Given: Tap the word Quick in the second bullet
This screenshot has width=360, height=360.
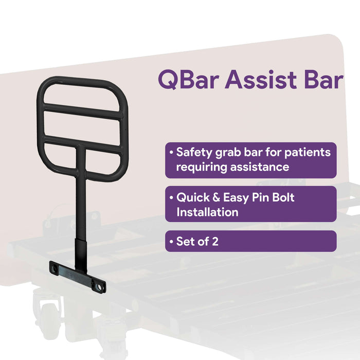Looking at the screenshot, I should [x=193, y=197].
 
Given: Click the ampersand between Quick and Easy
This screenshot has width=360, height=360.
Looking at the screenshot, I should [x=218, y=197].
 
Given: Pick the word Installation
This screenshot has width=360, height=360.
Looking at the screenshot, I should [x=207, y=211].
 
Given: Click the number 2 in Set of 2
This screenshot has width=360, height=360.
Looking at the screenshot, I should [x=215, y=241].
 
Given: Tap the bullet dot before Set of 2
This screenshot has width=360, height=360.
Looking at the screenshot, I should [x=171, y=242].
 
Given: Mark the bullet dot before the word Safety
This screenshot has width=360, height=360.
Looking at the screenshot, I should [x=171, y=153].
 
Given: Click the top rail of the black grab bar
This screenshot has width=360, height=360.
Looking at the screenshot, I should [x=82, y=82].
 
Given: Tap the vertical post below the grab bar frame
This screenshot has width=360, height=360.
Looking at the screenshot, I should [x=81, y=195].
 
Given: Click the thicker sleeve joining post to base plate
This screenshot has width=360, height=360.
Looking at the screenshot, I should [x=82, y=249].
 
